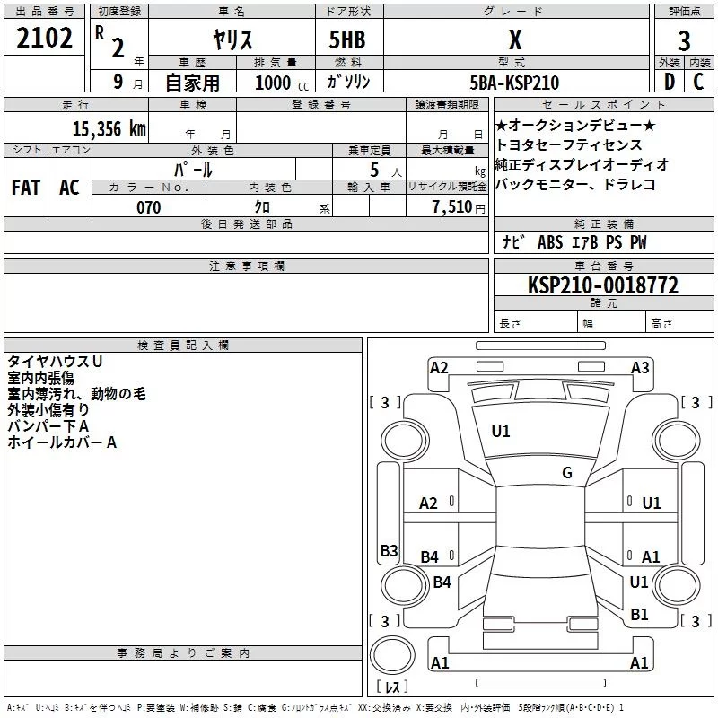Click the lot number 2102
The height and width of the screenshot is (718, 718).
(45, 39)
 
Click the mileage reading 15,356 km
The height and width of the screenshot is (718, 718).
(109, 128)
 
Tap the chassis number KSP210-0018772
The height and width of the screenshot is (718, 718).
(602, 285)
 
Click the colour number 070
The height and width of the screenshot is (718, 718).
(149, 207)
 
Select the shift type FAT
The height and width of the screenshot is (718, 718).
(25, 187)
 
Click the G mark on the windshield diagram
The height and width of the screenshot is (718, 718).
(567, 473)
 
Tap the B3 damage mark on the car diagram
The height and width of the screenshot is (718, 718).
(389, 550)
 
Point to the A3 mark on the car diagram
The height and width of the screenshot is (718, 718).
(640, 367)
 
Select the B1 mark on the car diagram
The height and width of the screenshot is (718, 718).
(639, 614)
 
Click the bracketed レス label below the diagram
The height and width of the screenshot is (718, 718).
(391, 688)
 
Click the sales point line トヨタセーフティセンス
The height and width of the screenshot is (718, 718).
(569, 144)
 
